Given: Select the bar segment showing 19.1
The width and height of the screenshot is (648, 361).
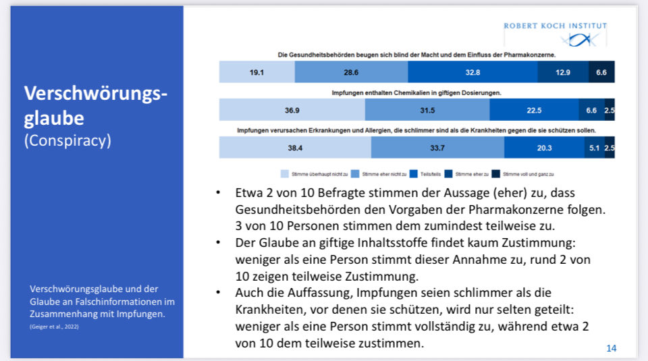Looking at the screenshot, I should (x=256, y=72).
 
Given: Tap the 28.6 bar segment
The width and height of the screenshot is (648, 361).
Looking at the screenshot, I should (x=351, y=72).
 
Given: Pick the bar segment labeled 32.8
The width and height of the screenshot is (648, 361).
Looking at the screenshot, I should (x=473, y=72).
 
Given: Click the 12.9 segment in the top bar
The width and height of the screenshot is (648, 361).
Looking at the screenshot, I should (x=563, y=72).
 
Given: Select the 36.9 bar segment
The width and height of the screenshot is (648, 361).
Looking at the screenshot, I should (x=292, y=109).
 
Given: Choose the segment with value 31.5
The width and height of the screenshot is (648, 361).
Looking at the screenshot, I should (x=427, y=109).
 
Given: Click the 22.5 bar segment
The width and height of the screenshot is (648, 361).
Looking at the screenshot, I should (x=534, y=109).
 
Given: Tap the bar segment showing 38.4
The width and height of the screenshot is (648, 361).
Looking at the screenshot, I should (x=295, y=147).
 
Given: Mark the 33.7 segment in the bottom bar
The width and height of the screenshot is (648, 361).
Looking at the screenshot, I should (x=437, y=147).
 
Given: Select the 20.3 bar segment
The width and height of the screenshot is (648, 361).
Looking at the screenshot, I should (x=544, y=147).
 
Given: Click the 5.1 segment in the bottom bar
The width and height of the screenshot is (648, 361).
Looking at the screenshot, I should (x=594, y=147).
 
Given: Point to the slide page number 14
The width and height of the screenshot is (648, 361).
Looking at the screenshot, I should (x=611, y=348).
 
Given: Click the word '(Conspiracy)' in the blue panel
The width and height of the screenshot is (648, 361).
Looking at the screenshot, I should (x=67, y=141).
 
